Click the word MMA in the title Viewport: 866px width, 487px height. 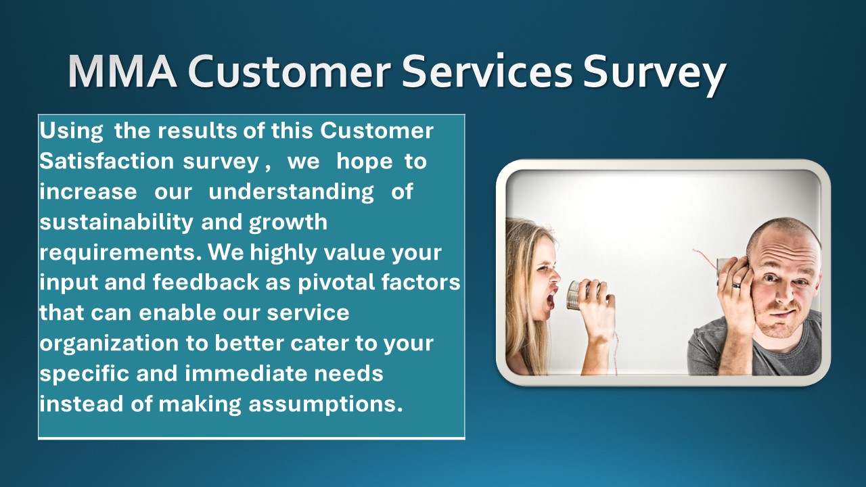pyautogui.click(x=122, y=72)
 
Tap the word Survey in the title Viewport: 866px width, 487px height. pyautogui.click(x=654, y=73)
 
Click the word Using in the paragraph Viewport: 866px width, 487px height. pyautogui.click(x=71, y=131)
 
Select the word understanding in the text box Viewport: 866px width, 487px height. pyautogui.click(x=291, y=192)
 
